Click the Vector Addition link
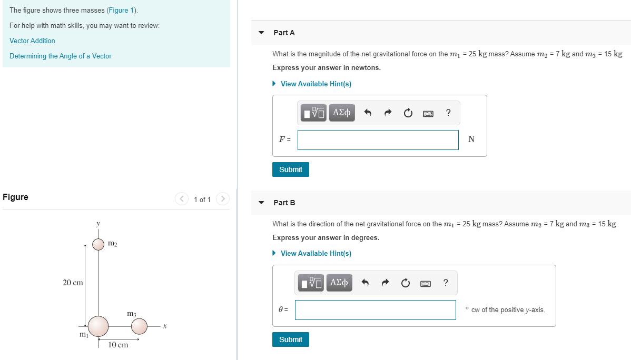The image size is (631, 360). (32, 41)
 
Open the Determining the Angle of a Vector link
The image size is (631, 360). (61, 56)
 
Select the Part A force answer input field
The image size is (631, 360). (378, 139)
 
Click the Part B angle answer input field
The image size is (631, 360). (375, 309)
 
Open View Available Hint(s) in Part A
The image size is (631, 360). (315, 84)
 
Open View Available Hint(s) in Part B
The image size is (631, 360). (315, 253)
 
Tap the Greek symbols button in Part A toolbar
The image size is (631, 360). (342, 113)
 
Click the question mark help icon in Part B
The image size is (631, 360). (446, 283)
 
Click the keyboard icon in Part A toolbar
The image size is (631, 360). (428, 113)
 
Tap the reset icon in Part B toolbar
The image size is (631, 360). (405, 283)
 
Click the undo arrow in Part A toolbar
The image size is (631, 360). (368, 113)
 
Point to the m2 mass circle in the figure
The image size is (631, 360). (98, 244)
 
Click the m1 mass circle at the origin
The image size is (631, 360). (98, 326)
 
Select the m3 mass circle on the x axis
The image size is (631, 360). (139, 326)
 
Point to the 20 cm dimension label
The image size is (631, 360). (73, 283)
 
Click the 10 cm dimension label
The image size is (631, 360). (118, 345)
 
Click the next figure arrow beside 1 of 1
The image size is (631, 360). (223, 198)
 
